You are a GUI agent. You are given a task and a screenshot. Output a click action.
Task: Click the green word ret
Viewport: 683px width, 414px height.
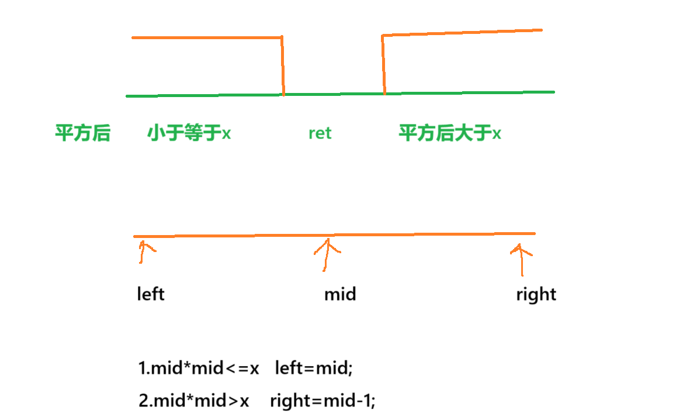click(320, 133)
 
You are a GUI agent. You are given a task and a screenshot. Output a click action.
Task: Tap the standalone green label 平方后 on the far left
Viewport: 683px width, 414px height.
click(82, 133)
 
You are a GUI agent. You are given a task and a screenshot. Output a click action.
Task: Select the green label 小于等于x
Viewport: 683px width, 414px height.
click(189, 133)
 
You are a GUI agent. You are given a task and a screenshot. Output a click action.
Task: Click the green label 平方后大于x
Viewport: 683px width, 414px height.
click(450, 133)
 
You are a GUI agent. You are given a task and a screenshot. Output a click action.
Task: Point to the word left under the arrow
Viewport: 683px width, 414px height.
click(151, 293)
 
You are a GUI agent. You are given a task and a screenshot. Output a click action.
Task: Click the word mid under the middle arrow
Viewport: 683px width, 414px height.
click(340, 294)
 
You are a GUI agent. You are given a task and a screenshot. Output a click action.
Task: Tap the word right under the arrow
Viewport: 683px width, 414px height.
click(536, 294)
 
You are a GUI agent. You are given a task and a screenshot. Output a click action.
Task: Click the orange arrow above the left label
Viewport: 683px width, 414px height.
click(143, 252)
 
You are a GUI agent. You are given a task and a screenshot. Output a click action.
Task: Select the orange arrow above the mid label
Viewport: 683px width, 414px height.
click(327, 255)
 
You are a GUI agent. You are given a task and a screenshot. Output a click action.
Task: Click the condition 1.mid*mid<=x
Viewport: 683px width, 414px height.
click(198, 368)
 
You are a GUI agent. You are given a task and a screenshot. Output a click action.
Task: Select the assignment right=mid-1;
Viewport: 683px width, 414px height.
click(323, 401)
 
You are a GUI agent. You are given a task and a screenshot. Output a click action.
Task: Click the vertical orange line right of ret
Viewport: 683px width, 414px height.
click(383, 64)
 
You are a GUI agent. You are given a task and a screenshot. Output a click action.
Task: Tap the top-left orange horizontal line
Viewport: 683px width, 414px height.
click(207, 37)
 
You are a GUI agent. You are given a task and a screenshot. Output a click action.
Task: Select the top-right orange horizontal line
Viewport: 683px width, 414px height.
click(462, 33)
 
